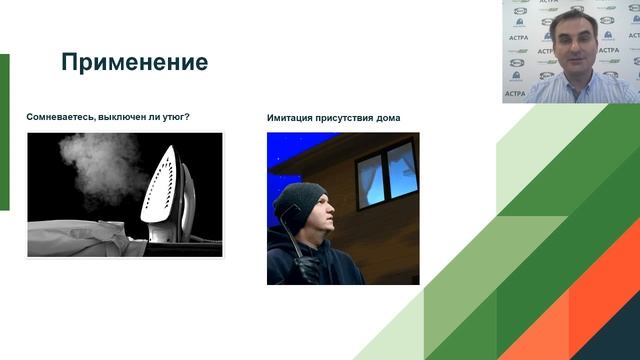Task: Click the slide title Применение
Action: (134, 62)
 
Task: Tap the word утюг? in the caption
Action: (173, 117)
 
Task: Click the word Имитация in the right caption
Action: (290, 118)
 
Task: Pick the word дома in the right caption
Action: (389, 118)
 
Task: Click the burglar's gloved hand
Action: (306, 268)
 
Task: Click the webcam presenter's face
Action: (573, 46)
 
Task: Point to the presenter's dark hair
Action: (573, 19)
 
